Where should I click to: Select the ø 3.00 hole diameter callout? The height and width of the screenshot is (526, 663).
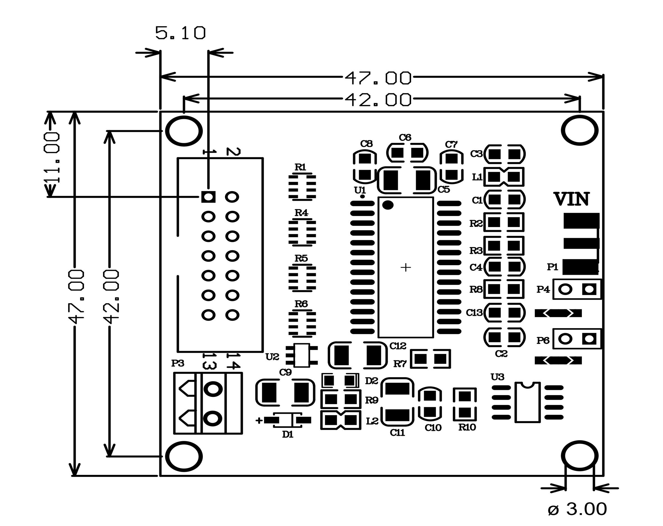click(577, 509)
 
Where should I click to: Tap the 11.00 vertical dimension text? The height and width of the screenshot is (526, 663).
click(52, 158)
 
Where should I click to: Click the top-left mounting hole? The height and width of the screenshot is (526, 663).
click(184, 131)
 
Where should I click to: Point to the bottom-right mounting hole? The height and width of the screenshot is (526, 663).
click(580, 457)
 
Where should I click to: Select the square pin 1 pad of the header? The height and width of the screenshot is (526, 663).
click(208, 197)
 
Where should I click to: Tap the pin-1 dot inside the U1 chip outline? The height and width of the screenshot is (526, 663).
click(388, 205)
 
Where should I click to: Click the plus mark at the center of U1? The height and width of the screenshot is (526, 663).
click(406, 267)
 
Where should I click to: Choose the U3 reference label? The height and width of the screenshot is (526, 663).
click(498, 377)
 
